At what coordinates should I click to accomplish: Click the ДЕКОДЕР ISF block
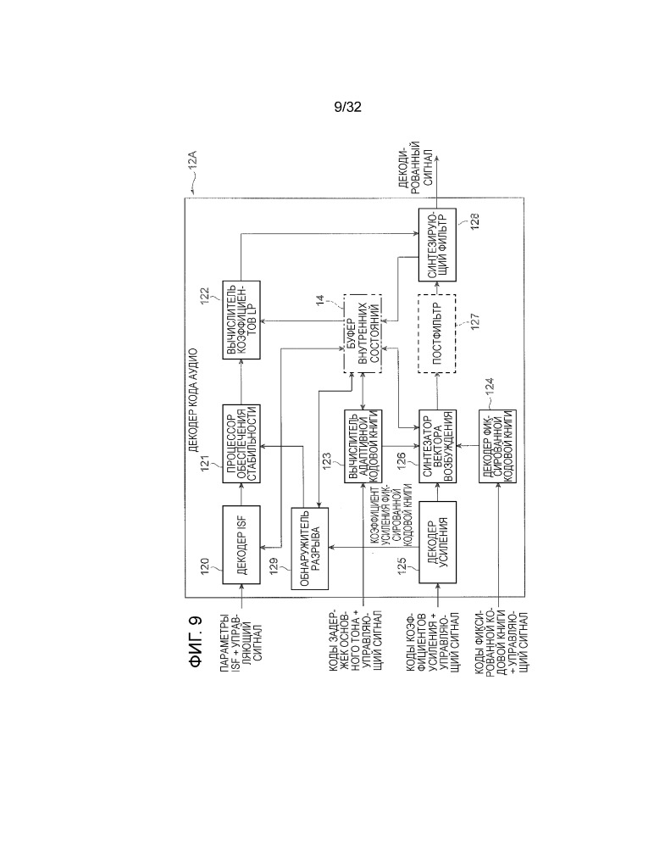(x=241, y=544)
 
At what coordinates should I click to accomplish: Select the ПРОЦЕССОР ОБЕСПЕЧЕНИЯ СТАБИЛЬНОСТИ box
(x=241, y=443)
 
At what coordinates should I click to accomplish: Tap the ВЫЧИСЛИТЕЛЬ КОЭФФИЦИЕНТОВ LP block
(x=241, y=320)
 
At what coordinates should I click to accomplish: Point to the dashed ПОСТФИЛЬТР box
(x=436, y=333)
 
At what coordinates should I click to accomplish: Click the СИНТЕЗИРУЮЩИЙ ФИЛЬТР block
(x=437, y=245)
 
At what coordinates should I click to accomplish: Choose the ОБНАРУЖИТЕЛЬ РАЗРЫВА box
(x=310, y=549)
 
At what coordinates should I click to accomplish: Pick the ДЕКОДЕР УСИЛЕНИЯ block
(x=438, y=543)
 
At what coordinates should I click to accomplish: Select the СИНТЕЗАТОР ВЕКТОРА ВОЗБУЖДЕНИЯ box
(x=438, y=446)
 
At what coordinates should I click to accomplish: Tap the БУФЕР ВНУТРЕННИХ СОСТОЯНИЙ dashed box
(x=363, y=333)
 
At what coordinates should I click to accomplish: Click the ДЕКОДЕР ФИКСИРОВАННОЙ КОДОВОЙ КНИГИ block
(x=497, y=446)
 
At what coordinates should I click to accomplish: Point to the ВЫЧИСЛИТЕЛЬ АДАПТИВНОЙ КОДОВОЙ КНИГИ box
(x=363, y=446)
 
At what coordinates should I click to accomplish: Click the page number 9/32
(x=347, y=107)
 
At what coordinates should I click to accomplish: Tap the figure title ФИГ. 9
(x=197, y=641)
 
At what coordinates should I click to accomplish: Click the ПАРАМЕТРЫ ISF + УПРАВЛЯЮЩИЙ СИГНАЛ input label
(x=241, y=642)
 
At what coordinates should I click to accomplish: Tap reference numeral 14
(x=319, y=300)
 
